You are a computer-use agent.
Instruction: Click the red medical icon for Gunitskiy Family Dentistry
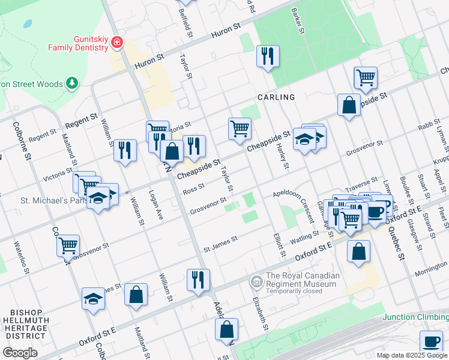[x=115, y=43]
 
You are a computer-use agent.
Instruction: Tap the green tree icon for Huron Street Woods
[x=72, y=83]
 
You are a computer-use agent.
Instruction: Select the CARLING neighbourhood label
[x=276, y=97]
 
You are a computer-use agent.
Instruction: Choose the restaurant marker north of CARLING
[x=267, y=56]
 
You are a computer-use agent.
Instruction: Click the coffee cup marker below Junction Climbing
[x=430, y=341]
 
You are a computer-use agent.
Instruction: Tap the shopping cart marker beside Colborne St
[x=68, y=245]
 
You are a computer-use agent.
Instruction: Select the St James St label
[x=220, y=243]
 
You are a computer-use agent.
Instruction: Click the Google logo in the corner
[x=20, y=353]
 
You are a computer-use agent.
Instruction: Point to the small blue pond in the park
[x=28, y=25]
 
